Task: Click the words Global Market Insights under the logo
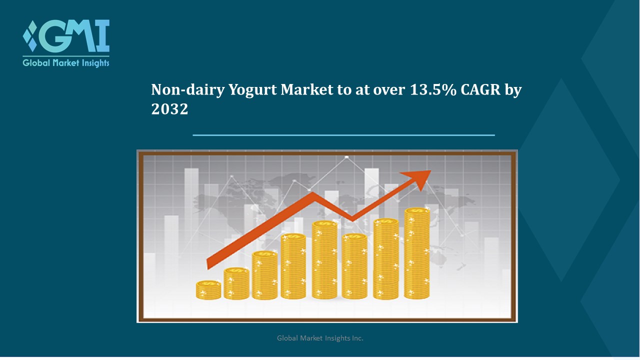[x=66, y=62]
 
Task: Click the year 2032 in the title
[x=169, y=109]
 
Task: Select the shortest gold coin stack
[x=208, y=290]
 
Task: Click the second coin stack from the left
[x=236, y=283]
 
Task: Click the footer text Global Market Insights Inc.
[x=320, y=338]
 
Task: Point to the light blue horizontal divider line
[x=343, y=135]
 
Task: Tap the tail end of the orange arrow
[x=209, y=266]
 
